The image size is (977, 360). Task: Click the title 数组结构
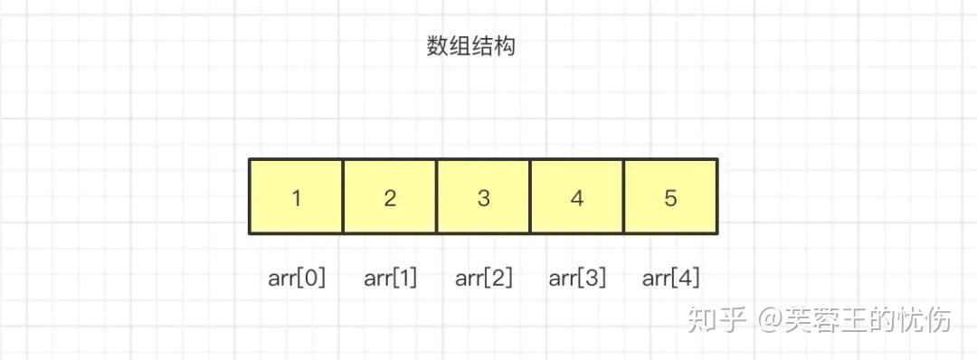pos(470,46)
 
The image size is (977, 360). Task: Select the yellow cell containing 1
pos(296,197)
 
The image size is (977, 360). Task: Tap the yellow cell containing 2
pos(390,197)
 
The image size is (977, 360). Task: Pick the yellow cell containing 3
pos(483,197)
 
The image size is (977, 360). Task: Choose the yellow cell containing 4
pos(577,197)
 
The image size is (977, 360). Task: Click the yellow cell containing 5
pos(670,197)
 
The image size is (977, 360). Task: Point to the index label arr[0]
pos(296,278)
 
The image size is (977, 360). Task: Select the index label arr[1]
pos(390,278)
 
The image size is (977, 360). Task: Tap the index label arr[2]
pos(483,278)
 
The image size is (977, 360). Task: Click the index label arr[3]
pos(577,278)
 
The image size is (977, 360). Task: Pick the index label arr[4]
pos(670,278)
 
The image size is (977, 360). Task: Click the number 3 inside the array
pos(483,198)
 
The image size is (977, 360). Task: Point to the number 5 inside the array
pos(670,198)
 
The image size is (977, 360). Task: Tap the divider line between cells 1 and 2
pos(343,197)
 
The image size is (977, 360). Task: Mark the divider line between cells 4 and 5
pos(624,197)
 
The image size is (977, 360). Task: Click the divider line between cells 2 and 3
pos(437,197)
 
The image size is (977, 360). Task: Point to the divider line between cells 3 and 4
pos(530,197)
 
